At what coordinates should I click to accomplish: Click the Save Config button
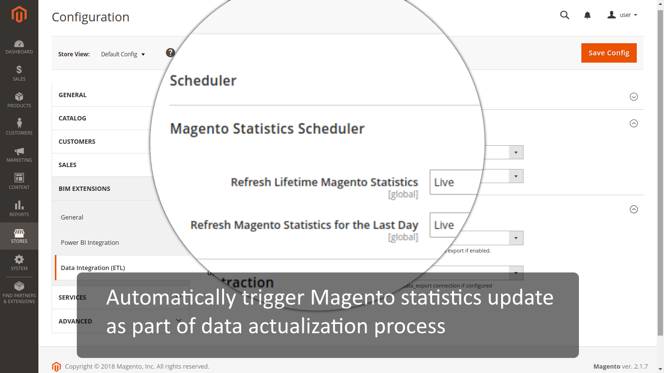(609, 53)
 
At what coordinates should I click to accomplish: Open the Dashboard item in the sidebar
(19, 47)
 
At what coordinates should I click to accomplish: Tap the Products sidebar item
(19, 100)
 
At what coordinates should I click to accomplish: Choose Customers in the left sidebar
(19, 127)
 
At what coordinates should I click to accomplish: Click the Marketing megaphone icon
(19, 152)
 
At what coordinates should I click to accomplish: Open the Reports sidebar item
(19, 208)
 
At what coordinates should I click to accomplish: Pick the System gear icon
(19, 259)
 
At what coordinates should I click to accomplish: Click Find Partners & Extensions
(19, 292)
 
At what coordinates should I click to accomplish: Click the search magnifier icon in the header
(564, 15)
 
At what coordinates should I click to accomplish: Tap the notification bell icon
(587, 16)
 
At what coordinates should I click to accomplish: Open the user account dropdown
(622, 15)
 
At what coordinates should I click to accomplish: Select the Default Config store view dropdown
(123, 54)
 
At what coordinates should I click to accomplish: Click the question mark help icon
(170, 53)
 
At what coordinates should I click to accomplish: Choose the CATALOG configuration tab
(72, 118)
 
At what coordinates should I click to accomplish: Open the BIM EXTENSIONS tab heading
(85, 188)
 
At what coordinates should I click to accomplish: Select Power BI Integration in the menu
(90, 242)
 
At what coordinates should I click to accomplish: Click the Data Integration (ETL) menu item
(93, 268)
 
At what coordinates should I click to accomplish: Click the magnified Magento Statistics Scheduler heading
(267, 129)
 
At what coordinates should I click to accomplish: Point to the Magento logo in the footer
(56, 367)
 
